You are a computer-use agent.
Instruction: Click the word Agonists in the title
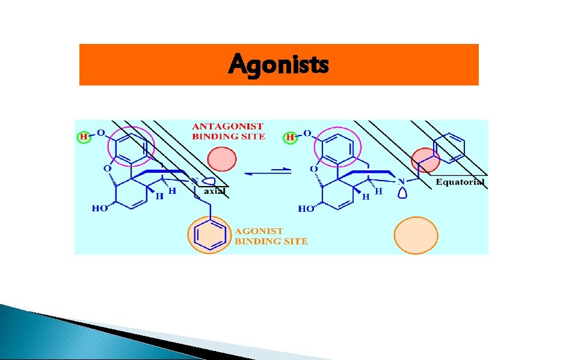(278, 63)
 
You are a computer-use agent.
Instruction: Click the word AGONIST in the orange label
(259, 231)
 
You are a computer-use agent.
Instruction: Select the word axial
(214, 191)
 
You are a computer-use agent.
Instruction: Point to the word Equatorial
(460, 182)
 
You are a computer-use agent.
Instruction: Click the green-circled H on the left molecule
(84, 137)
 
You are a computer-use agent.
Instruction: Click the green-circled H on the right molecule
(291, 137)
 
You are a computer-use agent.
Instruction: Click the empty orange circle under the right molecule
(416, 234)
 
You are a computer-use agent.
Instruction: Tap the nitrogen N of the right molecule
(401, 180)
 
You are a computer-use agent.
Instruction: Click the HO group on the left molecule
(100, 208)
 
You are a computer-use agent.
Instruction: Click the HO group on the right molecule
(306, 209)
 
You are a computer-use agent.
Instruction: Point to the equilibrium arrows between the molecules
(267, 172)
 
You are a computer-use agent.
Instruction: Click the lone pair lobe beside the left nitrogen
(209, 181)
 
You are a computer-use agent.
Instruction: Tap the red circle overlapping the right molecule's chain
(425, 160)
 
